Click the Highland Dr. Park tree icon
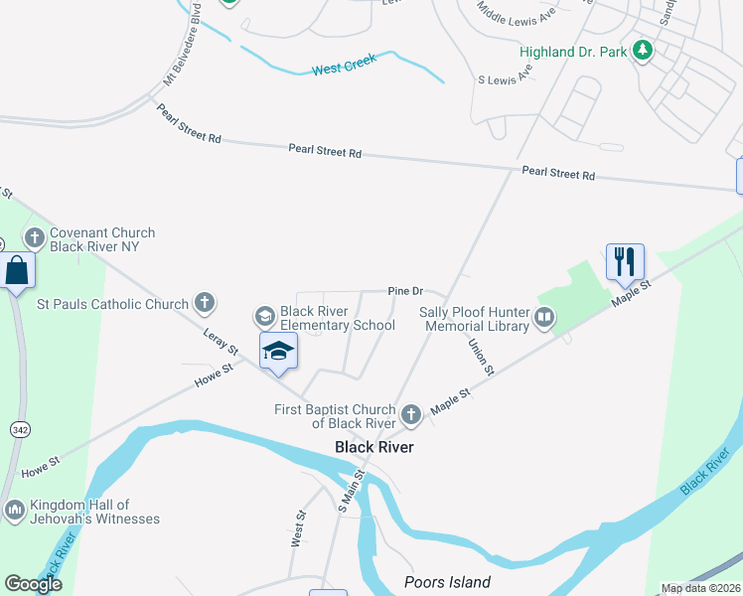tap(643, 50)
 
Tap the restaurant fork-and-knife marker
tap(625, 261)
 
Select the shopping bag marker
tap(18, 270)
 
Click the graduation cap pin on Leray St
tap(279, 350)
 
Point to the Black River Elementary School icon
tap(264, 316)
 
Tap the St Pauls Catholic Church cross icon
tap(204, 302)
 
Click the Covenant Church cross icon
tap(35, 237)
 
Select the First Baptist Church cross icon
tap(412, 412)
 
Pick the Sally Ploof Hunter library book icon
tap(544, 318)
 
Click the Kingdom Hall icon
tap(14, 511)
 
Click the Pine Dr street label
tap(405, 291)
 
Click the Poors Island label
tap(447, 582)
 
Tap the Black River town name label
tap(373, 447)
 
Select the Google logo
tap(34, 584)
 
